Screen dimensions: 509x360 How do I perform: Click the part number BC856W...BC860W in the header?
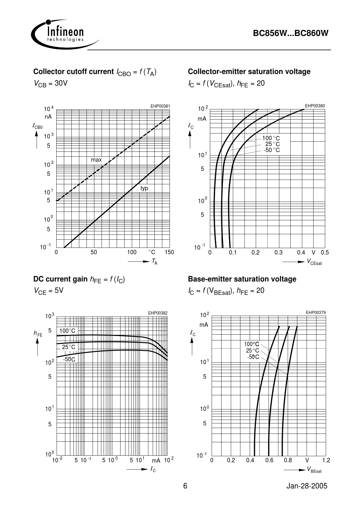(291, 33)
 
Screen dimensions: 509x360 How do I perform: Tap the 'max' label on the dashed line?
(96, 160)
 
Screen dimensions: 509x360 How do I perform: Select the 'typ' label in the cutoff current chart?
(144, 188)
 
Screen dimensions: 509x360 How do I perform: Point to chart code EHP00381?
(160, 106)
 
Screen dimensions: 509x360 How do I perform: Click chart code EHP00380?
(315, 106)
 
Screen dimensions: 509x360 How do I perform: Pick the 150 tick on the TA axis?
(169, 252)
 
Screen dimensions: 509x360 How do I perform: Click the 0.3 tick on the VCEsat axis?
(278, 252)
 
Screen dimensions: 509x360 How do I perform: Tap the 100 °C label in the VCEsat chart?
(271, 138)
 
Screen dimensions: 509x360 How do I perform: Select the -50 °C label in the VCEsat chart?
(271, 150)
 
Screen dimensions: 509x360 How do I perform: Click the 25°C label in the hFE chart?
(69, 347)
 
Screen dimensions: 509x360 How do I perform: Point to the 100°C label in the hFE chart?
(67, 331)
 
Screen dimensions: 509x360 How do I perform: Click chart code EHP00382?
(158, 313)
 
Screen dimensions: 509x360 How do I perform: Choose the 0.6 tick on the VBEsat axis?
(269, 460)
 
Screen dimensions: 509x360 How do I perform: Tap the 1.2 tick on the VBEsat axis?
(326, 460)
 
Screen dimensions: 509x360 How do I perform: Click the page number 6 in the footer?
(185, 486)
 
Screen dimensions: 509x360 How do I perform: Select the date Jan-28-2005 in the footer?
(307, 486)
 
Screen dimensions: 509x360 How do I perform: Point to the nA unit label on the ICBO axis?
(48, 117)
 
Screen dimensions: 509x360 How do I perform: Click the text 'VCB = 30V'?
(51, 84)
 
